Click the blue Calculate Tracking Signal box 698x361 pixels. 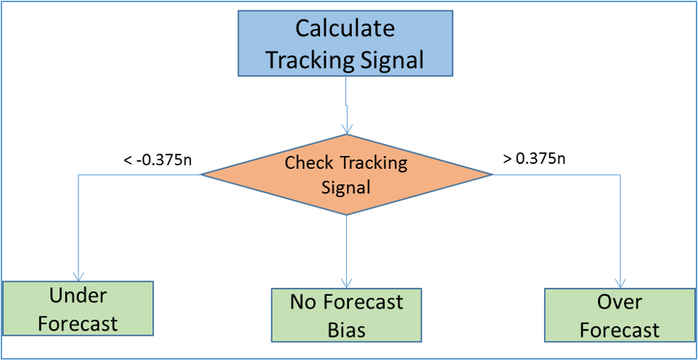tap(345, 43)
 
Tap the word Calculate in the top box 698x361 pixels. tap(345, 29)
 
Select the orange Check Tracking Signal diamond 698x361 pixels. tap(347, 175)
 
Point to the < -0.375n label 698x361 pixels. tap(158, 159)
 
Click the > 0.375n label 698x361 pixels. tap(534, 159)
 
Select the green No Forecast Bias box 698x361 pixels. tap(346, 315)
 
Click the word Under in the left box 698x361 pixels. tap(78, 295)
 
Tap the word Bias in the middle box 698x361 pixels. tap(346, 331)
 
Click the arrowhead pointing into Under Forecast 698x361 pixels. tap(78, 275)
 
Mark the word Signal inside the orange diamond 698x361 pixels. tap(346, 187)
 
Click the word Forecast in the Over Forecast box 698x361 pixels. tap(620, 331)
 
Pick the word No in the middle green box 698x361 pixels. tap(305, 302)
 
